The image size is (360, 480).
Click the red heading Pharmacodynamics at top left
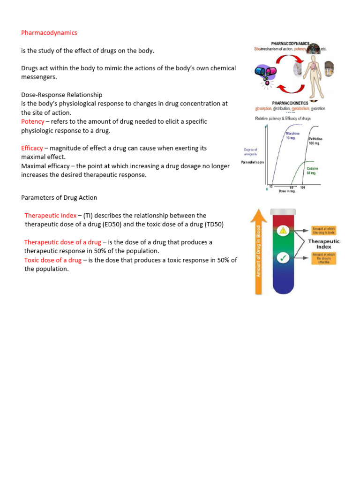pyautogui.click(x=49, y=33)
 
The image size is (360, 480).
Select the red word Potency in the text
pyautogui.click(x=33, y=121)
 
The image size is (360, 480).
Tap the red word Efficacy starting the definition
pyautogui.click(x=32, y=148)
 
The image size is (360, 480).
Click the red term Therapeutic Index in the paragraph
pyautogui.click(x=50, y=216)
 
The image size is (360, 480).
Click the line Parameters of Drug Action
pyautogui.click(x=59, y=197)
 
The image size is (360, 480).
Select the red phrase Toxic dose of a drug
pyautogui.click(x=52, y=260)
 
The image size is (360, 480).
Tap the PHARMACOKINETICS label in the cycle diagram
pyautogui.click(x=291, y=103)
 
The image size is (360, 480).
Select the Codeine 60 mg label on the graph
pyautogui.click(x=312, y=171)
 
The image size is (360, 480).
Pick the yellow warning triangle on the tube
pyautogui.click(x=283, y=230)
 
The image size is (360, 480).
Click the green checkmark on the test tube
pyautogui.click(x=283, y=257)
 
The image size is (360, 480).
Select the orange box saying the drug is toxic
pyautogui.click(x=324, y=231)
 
